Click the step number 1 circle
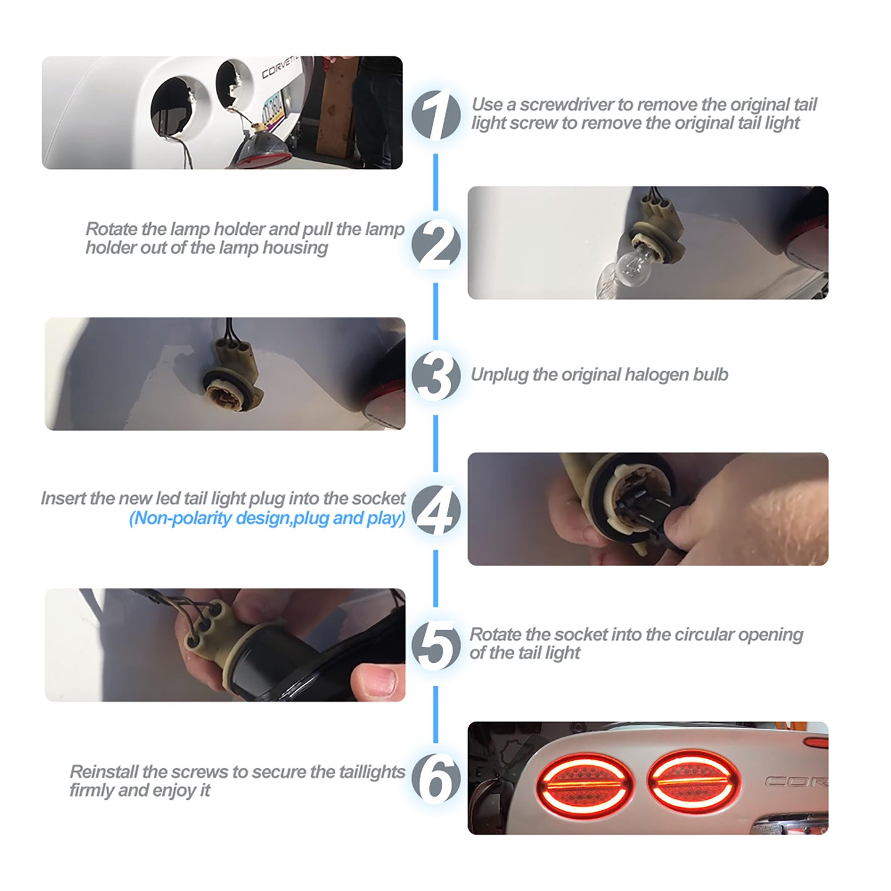[x=435, y=115]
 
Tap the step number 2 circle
[x=435, y=245]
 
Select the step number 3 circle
[x=435, y=376]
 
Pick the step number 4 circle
[x=435, y=510]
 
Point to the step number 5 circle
[x=435, y=646]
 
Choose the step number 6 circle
[x=435, y=779]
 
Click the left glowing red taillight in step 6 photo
[x=585, y=784]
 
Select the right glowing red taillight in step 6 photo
[x=694, y=781]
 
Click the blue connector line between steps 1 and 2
[x=435, y=182]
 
